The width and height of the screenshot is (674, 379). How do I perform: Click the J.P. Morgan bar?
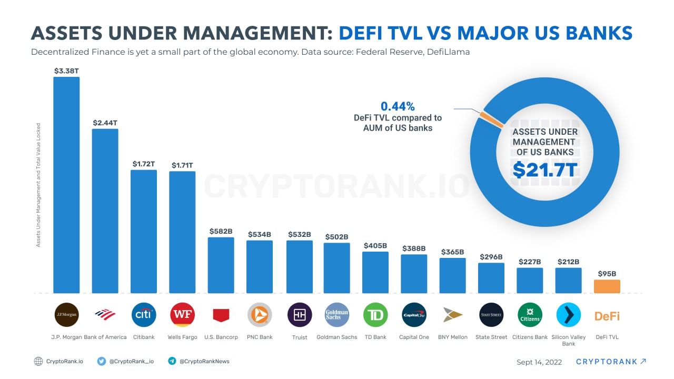[x=66, y=184]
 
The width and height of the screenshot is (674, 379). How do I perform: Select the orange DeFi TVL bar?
[x=607, y=286]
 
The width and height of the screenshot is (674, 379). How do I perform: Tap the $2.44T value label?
[x=105, y=123]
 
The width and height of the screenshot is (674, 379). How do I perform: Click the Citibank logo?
[x=144, y=315]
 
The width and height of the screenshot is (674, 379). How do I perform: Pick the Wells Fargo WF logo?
[x=183, y=315]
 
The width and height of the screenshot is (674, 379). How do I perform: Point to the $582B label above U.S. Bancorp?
[x=221, y=231]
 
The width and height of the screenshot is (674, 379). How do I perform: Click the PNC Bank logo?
[x=260, y=315]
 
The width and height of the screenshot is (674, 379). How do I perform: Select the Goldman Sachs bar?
[x=337, y=267]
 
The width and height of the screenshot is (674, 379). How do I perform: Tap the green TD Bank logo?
[x=375, y=315]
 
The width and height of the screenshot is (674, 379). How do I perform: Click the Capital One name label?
[x=414, y=337]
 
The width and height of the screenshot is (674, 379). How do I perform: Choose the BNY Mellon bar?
[x=453, y=275]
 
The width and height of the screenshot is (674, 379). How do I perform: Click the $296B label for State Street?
[x=491, y=257]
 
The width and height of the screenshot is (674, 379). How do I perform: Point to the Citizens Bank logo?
[x=530, y=315]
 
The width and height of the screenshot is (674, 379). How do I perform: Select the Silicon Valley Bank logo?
[x=568, y=315]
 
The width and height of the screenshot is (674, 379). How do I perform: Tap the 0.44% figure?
[x=398, y=106]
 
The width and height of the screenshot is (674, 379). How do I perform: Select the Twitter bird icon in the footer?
[x=102, y=361]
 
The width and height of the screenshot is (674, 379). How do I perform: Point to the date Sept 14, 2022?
[x=539, y=362]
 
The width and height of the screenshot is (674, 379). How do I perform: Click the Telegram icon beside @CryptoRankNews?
[x=172, y=361]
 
